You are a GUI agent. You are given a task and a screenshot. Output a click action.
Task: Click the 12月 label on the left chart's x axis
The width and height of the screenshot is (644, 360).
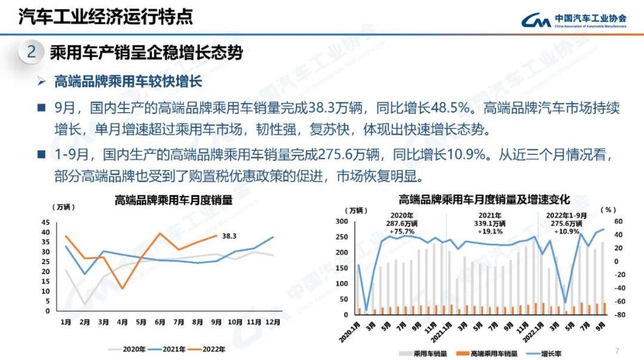[x=273, y=322]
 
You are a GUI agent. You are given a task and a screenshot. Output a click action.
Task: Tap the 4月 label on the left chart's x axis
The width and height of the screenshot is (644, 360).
[x=122, y=322]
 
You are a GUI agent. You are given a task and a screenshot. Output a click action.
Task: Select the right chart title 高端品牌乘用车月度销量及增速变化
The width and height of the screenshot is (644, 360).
[x=484, y=199]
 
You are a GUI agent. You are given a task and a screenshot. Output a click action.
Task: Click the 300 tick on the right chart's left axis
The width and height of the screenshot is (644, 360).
[x=342, y=221]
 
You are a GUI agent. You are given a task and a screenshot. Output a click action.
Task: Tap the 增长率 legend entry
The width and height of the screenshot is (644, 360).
[x=552, y=353]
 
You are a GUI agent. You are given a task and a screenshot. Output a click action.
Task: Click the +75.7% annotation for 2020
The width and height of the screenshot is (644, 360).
[x=401, y=231]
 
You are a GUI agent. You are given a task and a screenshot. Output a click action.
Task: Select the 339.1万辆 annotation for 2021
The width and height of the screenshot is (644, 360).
[x=490, y=224]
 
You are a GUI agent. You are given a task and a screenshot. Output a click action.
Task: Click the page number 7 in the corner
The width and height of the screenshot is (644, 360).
[x=617, y=350]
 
